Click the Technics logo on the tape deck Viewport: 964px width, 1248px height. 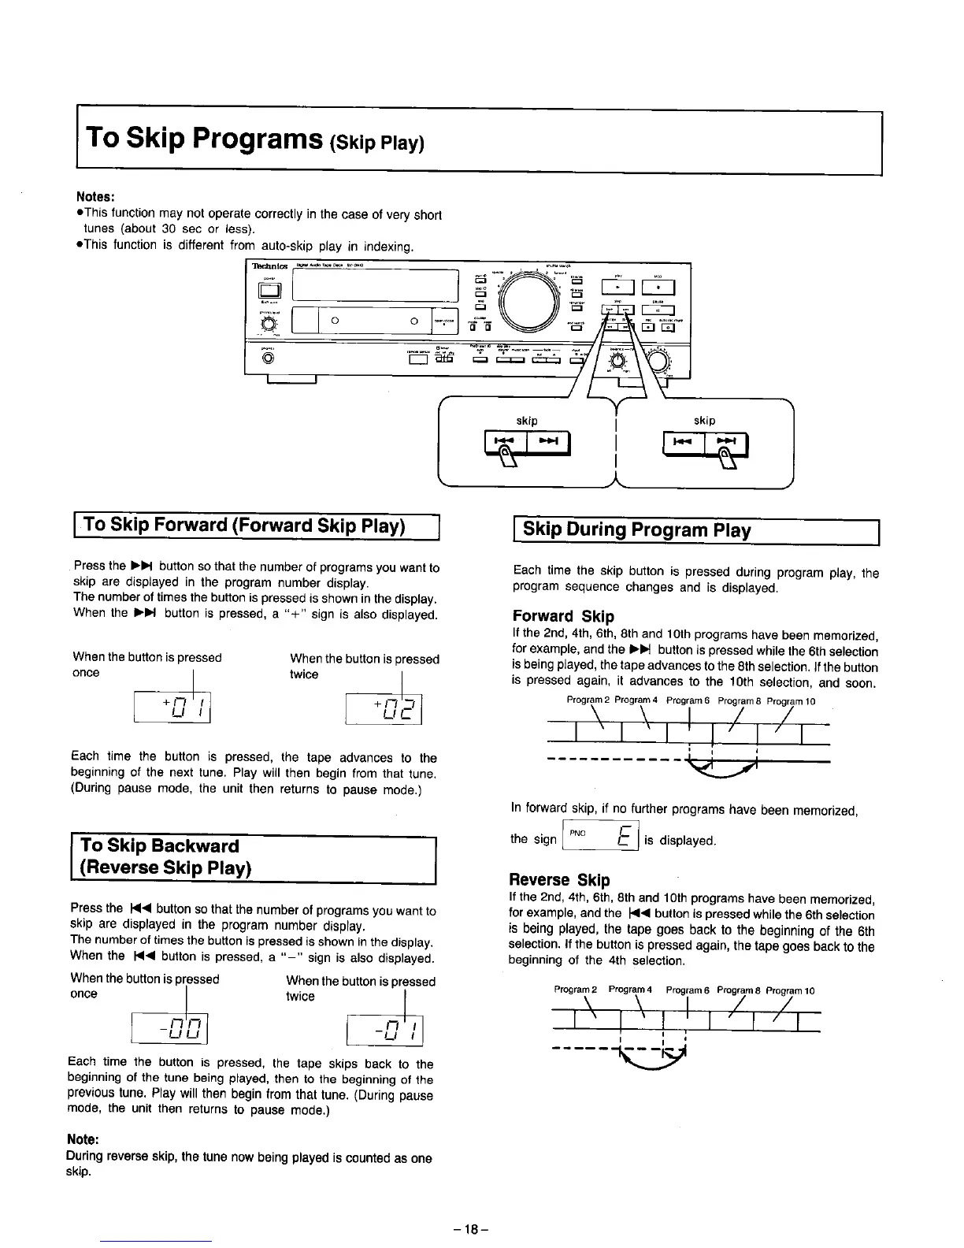[269, 266]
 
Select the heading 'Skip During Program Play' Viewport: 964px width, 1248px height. [636, 529]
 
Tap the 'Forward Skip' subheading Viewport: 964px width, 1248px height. [562, 616]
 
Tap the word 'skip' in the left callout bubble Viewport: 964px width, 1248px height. [527, 421]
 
